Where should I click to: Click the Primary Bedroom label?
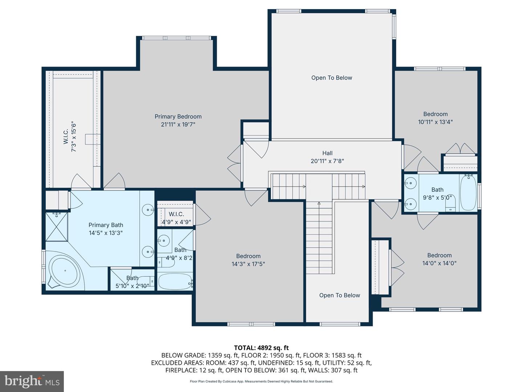pos(178,117)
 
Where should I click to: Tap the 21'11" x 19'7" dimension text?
pos(178,124)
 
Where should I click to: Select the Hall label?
pos(327,153)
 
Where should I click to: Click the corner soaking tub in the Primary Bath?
pos(65,271)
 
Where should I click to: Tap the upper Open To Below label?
pos(332,78)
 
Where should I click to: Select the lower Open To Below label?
pos(340,295)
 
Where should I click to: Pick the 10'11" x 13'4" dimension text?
pos(435,122)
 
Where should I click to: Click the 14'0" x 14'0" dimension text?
pos(439,264)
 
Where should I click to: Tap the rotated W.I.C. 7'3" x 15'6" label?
pos(70,136)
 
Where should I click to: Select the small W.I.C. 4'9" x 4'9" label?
pos(176,218)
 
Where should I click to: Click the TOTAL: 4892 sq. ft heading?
pos(261,348)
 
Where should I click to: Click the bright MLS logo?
pos(32,381)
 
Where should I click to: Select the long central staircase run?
pos(319,238)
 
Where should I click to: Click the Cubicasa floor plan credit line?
pos(261,381)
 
